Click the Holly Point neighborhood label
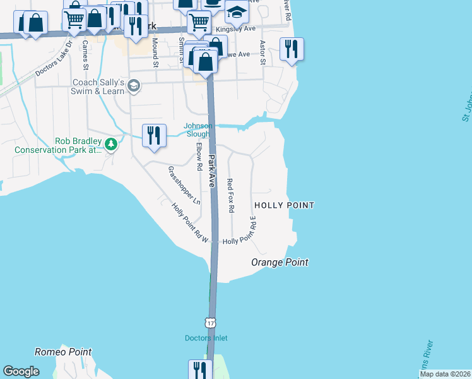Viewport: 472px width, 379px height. coord(284,205)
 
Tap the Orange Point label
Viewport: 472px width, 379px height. coord(280,262)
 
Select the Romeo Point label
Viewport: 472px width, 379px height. coord(63,352)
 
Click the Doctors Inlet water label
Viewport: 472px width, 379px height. coord(206,338)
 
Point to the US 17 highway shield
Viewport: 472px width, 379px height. coord(211,322)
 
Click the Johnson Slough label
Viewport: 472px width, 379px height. coord(198,129)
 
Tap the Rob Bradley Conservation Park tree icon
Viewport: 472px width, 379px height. coord(111,145)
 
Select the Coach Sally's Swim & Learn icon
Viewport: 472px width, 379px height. coord(133,86)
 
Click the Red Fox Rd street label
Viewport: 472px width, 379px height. coord(230,195)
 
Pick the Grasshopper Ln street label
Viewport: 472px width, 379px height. coord(184,186)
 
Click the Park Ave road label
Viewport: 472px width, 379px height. coord(213,171)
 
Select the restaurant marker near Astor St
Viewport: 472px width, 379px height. coord(292,49)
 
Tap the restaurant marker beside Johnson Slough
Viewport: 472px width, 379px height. coord(154,135)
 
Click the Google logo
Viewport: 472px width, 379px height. coord(21,371)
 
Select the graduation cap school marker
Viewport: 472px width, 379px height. coord(237,11)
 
